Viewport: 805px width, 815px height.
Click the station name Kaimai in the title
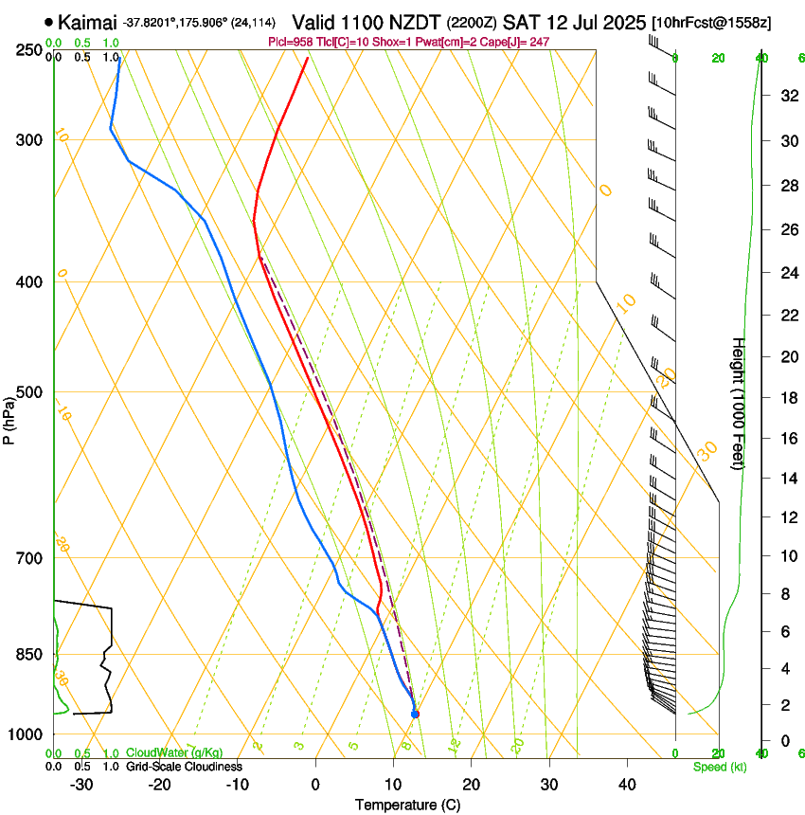tap(88, 22)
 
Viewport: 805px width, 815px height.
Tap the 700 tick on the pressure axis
tap(28, 557)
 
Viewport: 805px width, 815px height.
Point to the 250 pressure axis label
tap(28, 50)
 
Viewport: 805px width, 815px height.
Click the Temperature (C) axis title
tap(407, 805)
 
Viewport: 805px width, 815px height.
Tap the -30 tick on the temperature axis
tap(81, 784)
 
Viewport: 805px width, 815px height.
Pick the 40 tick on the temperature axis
tap(627, 784)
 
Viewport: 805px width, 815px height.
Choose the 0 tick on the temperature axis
tap(315, 784)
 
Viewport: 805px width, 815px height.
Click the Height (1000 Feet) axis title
tap(739, 403)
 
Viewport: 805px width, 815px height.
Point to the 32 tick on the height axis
tap(786, 96)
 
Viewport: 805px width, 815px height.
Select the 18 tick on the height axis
tap(786, 398)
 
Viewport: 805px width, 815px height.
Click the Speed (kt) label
tap(719, 767)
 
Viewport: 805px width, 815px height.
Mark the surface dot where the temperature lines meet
tap(415, 714)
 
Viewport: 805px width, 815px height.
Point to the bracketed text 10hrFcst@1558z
tap(711, 22)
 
